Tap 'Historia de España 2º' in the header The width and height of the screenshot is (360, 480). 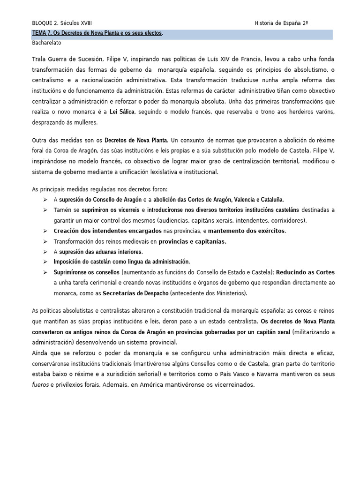point(281,23)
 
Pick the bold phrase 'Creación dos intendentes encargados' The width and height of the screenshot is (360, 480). point(107,231)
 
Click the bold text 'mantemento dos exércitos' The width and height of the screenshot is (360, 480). point(246,231)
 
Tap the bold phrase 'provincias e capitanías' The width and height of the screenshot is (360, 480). point(192,241)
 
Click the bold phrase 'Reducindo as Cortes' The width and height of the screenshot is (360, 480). point(305,272)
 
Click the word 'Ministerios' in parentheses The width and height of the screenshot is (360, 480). point(230,293)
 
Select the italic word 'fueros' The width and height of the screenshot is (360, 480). point(40,384)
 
